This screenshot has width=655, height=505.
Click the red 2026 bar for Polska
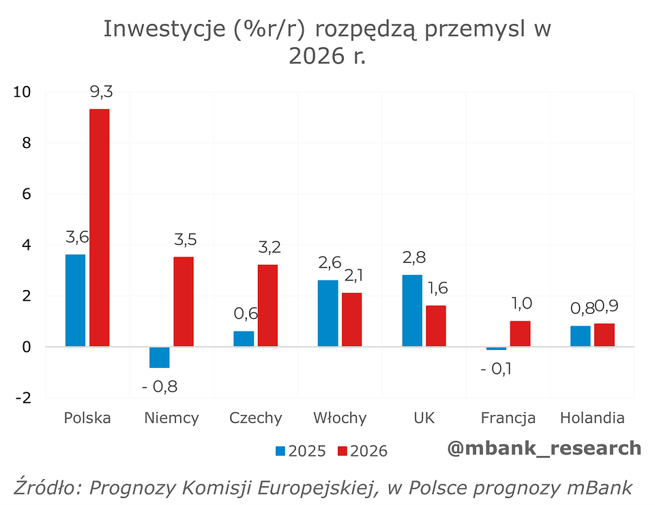100,228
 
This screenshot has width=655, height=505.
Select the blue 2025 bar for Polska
75,300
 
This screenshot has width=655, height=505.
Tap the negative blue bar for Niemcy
159,357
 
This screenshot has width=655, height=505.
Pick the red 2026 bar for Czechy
268,306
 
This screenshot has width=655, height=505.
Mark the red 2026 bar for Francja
520,334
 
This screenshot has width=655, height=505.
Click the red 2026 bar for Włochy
352,319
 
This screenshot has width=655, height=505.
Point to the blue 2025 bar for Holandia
580,336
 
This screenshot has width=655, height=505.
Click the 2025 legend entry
300,450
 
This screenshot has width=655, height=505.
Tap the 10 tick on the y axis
22,92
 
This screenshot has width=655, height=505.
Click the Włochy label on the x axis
340,418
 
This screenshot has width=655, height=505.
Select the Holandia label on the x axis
592,418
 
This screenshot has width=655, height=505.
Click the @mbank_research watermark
544,448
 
